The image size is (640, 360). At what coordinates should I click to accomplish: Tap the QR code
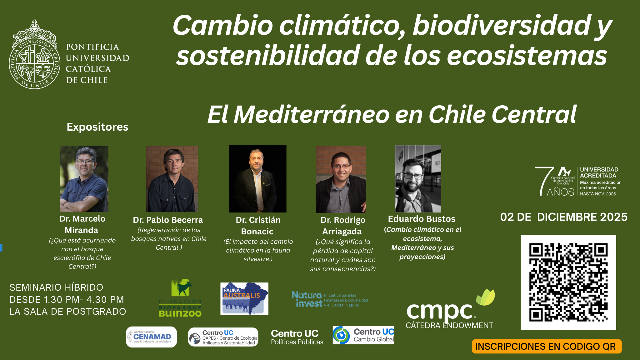click(568, 282)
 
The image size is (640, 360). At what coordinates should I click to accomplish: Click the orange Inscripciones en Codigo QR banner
click(546, 346)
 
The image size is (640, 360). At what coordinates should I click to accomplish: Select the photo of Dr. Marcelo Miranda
click(84, 178)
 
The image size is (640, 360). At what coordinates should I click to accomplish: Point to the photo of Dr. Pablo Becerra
click(172, 178)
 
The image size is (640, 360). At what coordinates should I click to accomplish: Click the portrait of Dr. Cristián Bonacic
click(257, 178)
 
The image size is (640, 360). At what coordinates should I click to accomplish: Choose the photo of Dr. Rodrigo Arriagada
click(341, 179)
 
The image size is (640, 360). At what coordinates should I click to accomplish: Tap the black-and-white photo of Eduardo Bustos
click(418, 178)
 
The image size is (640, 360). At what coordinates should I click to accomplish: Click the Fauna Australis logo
click(244, 298)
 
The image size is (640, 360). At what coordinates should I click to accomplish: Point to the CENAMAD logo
click(152, 337)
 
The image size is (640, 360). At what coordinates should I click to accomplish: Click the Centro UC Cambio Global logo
click(363, 335)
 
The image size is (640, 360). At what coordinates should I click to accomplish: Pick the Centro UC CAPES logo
click(223, 337)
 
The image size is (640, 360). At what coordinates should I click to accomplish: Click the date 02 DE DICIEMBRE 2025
click(563, 217)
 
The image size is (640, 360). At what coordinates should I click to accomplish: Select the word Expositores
click(97, 127)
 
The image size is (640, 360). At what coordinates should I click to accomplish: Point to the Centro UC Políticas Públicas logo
click(297, 337)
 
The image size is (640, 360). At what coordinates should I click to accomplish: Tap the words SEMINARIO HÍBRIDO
click(56, 287)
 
